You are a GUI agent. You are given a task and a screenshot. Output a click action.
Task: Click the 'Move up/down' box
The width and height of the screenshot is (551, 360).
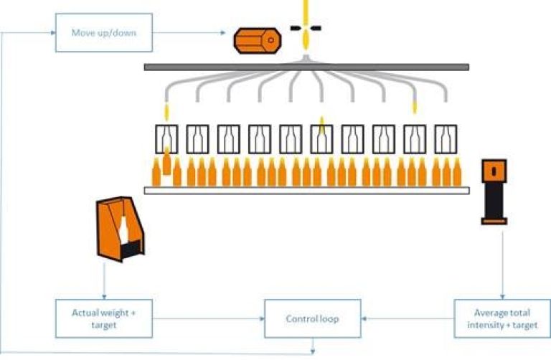click(x=104, y=32)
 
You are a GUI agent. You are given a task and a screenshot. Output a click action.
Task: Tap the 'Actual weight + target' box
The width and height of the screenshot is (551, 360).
click(x=104, y=318)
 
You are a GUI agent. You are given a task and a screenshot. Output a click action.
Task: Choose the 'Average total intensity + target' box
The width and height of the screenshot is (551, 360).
click(x=501, y=318)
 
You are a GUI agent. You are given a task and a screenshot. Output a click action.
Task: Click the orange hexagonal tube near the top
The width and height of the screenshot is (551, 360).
click(x=256, y=41)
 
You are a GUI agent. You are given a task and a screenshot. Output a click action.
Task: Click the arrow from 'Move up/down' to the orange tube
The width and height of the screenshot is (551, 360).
click(x=190, y=32)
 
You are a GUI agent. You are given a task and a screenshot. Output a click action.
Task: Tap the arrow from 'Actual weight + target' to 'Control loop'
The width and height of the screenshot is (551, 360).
click(x=208, y=318)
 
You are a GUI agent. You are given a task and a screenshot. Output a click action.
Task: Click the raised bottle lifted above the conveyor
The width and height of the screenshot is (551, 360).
click(x=166, y=161)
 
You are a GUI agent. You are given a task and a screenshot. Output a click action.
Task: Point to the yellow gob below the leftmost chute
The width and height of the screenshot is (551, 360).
click(x=167, y=112)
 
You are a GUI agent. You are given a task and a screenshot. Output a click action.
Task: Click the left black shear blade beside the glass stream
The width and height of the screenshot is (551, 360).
click(x=295, y=28)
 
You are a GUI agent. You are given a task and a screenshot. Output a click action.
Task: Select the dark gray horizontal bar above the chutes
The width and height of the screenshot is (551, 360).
click(x=306, y=67)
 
